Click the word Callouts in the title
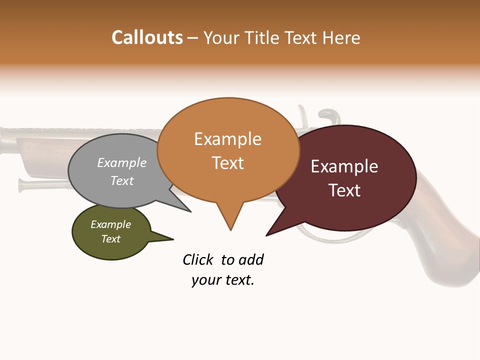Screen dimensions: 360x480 click(147, 37)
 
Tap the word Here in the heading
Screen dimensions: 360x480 click(342, 38)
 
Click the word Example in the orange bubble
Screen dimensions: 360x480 click(227, 139)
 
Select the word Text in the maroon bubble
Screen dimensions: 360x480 click(344, 190)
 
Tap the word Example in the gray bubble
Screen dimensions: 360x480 click(122, 162)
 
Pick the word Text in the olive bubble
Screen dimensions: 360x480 click(111, 239)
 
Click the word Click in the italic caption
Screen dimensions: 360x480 click(198, 259)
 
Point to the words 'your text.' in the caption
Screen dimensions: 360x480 click(223, 280)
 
